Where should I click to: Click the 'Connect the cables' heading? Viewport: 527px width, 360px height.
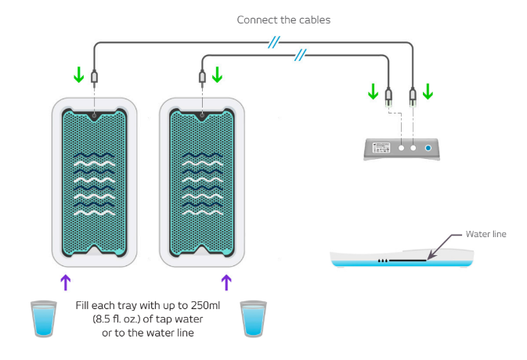pos(283,20)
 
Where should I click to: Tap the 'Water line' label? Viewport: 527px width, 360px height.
pos(486,234)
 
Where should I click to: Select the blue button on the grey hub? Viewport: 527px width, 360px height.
pos(428,148)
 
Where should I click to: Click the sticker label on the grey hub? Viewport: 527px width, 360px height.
pos(381,147)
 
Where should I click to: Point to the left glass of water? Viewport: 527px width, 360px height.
pos(44,319)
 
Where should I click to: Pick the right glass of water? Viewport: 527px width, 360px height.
pos(254,319)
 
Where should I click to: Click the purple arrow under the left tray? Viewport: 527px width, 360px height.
pos(66,283)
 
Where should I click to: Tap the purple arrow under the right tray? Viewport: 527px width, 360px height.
pos(226,283)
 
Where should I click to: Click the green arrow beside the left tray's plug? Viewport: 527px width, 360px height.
pos(79,74)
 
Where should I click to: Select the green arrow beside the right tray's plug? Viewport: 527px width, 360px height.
pos(217,74)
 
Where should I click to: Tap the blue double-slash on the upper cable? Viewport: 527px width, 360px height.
pos(274,42)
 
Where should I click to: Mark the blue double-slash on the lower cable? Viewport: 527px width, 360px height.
pos(300,55)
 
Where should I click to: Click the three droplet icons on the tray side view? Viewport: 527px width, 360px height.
pos(383,261)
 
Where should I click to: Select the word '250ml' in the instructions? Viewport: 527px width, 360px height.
pos(205,305)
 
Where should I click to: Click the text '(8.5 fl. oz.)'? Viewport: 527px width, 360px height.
pos(117,319)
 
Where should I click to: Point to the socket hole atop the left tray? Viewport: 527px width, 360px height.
pos(95,116)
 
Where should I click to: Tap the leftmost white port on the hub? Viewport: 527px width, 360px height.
pos(401,148)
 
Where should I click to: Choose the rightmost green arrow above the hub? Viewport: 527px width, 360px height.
pos(428,92)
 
